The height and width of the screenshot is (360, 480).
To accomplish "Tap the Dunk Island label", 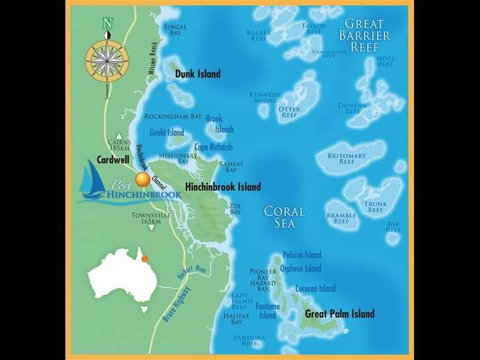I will (x=198, y=74).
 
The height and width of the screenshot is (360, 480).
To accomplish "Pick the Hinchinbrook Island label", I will (x=223, y=187).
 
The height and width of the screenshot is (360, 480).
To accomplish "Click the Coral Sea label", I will (x=284, y=217).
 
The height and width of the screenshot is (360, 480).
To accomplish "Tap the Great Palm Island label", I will (x=340, y=314).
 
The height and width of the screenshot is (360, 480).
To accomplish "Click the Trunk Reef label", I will (x=376, y=206).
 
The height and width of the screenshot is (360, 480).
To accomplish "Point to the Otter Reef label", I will (x=289, y=112).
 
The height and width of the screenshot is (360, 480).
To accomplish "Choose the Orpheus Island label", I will (x=301, y=269).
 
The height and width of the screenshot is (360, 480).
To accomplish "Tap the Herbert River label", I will (x=192, y=278).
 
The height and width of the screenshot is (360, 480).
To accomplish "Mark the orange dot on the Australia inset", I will (x=144, y=259).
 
